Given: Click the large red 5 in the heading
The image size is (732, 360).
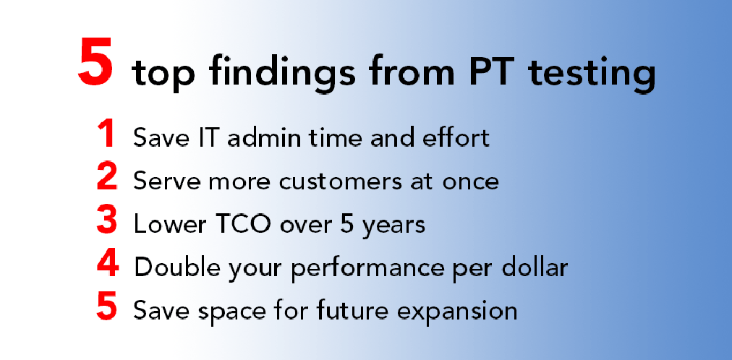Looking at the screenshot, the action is coord(95,62).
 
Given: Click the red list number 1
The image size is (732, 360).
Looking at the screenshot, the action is coord(107,134).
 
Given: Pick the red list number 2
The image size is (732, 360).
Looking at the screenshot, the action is coord(107,176).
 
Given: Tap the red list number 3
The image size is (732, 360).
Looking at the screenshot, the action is coord(107,220).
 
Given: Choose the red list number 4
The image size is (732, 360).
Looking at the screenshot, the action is coord(108,262).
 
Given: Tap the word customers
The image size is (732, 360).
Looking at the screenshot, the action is coord(341,181).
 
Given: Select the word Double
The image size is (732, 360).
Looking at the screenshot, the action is coord(179,267).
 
